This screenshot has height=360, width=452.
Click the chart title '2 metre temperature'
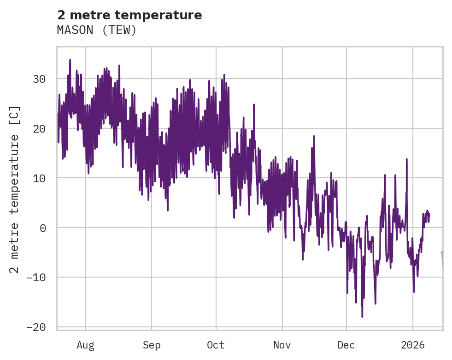pyautogui.click(x=129, y=15)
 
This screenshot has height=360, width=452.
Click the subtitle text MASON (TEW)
pyautogui.click(x=97, y=30)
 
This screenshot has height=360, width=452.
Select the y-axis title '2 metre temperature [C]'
pyautogui.click(x=15, y=190)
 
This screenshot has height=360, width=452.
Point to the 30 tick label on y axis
pyautogui.click(x=39, y=79)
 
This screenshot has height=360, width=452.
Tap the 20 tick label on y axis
pyautogui.click(x=39, y=128)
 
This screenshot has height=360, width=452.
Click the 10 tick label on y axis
pyautogui.click(x=39, y=178)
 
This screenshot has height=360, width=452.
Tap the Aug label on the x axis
pyautogui.click(x=85, y=345)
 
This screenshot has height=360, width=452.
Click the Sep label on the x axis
pyautogui.click(x=151, y=345)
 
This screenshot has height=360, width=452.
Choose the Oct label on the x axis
pyautogui.click(x=216, y=345)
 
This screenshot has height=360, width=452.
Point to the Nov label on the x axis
pyautogui.click(x=282, y=345)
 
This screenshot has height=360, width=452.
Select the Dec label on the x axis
pyautogui.click(x=346, y=345)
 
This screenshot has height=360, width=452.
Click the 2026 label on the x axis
pyautogui.click(x=412, y=345)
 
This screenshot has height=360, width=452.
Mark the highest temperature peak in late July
pyautogui.click(x=70, y=59)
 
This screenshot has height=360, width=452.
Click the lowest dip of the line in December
pyautogui.click(x=362, y=317)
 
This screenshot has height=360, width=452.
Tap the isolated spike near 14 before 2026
pyautogui.click(x=407, y=159)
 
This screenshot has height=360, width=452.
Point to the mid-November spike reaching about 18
pyautogui.click(x=314, y=136)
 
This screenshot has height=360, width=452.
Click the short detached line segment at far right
pyautogui.click(x=442, y=259)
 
